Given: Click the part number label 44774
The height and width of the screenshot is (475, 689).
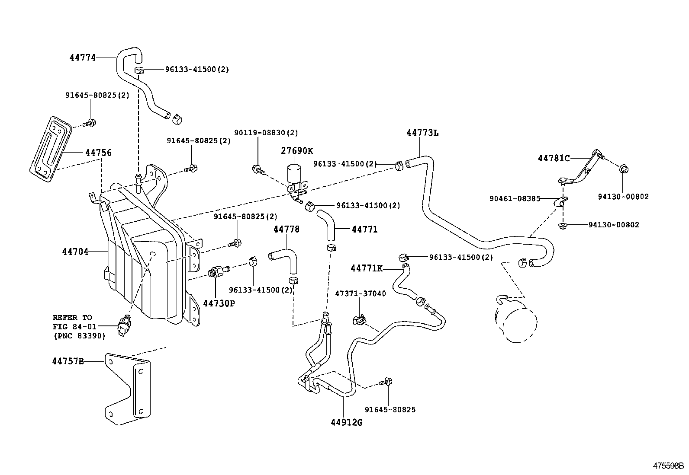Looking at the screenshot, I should pyautogui.click(x=82, y=57).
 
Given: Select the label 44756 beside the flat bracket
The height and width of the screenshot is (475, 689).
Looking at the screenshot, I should pyautogui.click(x=98, y=153).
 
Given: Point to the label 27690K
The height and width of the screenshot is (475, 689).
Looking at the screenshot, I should pyautogui.click(x=296, y=150).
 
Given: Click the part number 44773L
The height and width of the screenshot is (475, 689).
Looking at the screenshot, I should pyautogui.click(x=422, y=133).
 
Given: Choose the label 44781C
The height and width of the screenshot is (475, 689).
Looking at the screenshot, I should pyautogui.click(x=554, y=158).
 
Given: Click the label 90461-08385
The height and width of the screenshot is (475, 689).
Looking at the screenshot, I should pyautogui.click(x=515, y=199).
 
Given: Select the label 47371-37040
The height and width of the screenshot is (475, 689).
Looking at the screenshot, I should pyautogui.click(x=360, y=293).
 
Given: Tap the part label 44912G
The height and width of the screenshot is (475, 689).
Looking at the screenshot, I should pyautogui.click(x=346, y=422).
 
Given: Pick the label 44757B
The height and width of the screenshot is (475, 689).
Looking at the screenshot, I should pyautogui.click(x=68, y=361).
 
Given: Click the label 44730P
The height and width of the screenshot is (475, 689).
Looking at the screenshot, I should pyautogui.click(x=219, y=303).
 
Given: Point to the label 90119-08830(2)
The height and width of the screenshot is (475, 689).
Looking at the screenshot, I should pyautogui.click(x=266, y=133).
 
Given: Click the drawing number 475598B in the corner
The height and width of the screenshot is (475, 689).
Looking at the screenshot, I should pyautogui.click(x=668, y=466).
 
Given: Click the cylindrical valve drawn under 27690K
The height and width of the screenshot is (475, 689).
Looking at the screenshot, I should pyautogui.click(x=294, y=175).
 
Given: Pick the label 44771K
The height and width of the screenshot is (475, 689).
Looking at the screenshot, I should pyautogui.click(x=366, y=268).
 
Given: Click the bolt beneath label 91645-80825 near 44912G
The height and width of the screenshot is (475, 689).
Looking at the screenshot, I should pyautogui.click(x=386, y=382).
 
